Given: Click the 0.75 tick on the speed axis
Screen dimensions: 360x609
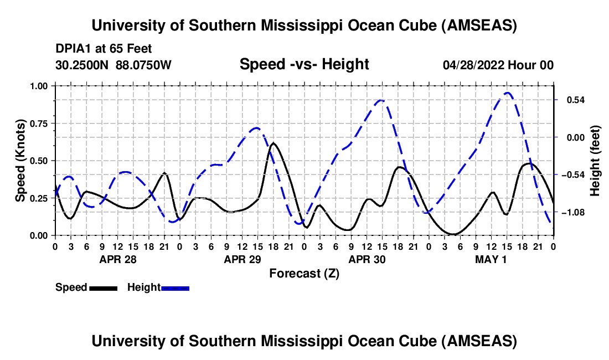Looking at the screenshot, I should tap(38, 123).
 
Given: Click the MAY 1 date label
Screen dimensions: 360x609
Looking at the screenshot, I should tap(491, 259).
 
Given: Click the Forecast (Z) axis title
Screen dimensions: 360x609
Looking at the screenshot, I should tap(304, 273).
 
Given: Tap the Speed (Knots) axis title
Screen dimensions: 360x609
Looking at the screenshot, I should tap(20, 161).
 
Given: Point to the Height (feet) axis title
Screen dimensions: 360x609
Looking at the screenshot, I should tap(595, 161).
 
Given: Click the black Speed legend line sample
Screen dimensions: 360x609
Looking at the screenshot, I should tap(103, 288).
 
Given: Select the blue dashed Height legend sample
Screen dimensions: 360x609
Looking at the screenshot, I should tap(176, 288).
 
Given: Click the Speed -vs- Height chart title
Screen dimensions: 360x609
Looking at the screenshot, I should tap(304, 65).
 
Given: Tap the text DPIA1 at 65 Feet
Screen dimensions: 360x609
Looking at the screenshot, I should tap(104, 49).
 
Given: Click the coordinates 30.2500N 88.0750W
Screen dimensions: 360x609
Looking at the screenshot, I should tap(113, 65).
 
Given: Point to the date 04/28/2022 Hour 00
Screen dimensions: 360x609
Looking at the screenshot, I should tap(498, 65).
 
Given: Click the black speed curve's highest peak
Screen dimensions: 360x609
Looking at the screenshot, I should tap(273, 143).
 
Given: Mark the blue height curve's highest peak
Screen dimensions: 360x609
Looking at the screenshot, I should tap(507, 92).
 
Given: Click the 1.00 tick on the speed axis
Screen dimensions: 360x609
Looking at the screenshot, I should tap(38, 86).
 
